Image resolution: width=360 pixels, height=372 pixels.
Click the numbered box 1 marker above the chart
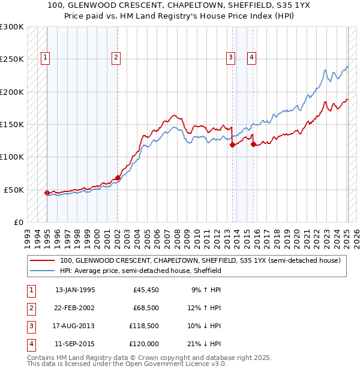pos(46,58)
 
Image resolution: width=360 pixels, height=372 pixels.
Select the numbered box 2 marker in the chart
pos(116,58)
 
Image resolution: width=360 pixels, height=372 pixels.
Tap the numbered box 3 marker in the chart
pos(230,58)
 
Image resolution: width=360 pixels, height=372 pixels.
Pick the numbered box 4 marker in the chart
pos(251,58)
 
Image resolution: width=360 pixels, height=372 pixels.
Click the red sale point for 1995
pos(47,193)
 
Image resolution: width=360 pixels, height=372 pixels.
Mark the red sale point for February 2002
pos(118,178)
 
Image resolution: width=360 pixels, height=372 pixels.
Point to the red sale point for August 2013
pos(232,145)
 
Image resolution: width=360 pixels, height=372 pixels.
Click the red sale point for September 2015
pos(253,144)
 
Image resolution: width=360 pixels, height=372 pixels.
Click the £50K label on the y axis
pos(14,190)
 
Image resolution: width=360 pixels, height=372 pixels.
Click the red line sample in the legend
pos(43,260)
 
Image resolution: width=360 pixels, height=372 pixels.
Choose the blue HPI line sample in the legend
pos(43,271)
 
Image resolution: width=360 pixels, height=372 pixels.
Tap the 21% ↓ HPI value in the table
pos(204,344)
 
